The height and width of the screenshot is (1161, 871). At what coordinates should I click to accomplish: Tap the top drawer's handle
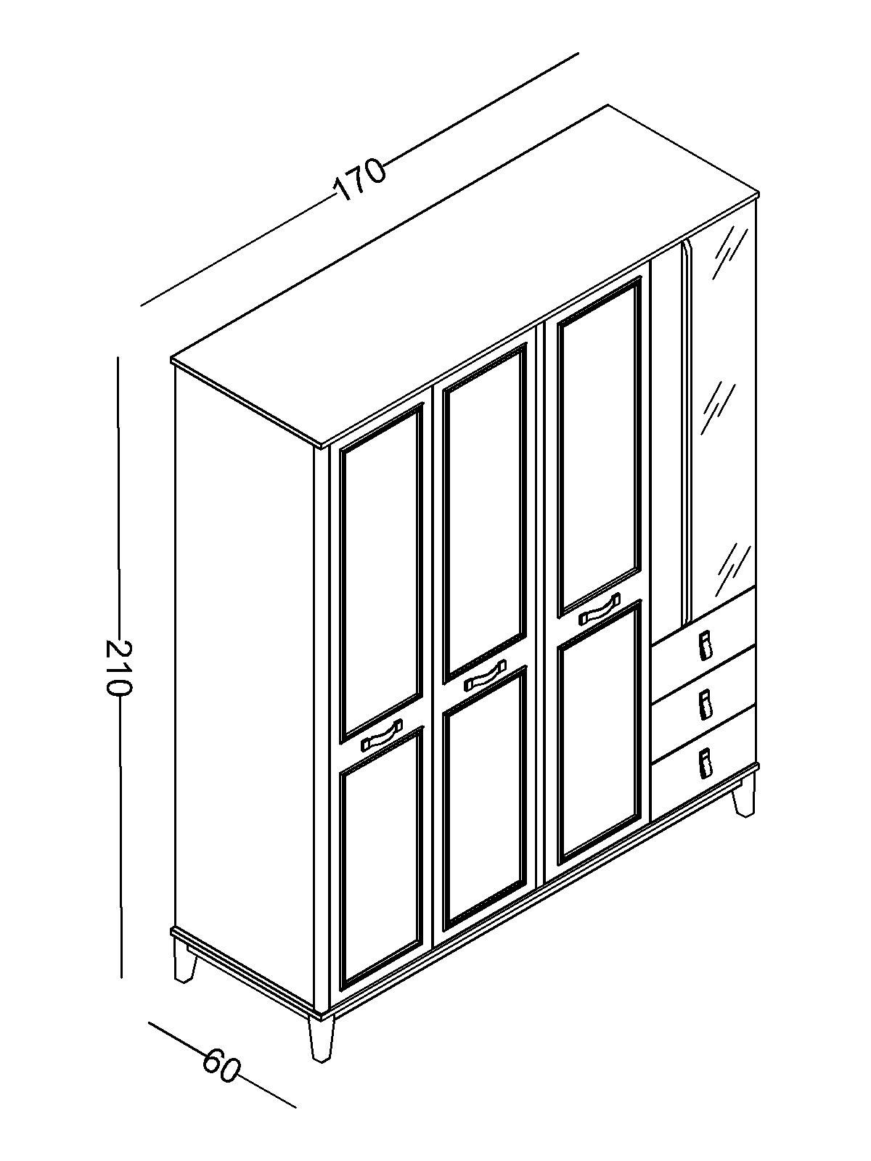[x=704, y=646]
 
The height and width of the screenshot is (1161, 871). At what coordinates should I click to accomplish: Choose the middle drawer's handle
[x=704, y=705]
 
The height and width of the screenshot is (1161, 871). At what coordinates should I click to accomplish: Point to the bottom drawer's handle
[x=704, y=763]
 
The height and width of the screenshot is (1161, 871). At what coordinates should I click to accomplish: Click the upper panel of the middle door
[x=486, y=511]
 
